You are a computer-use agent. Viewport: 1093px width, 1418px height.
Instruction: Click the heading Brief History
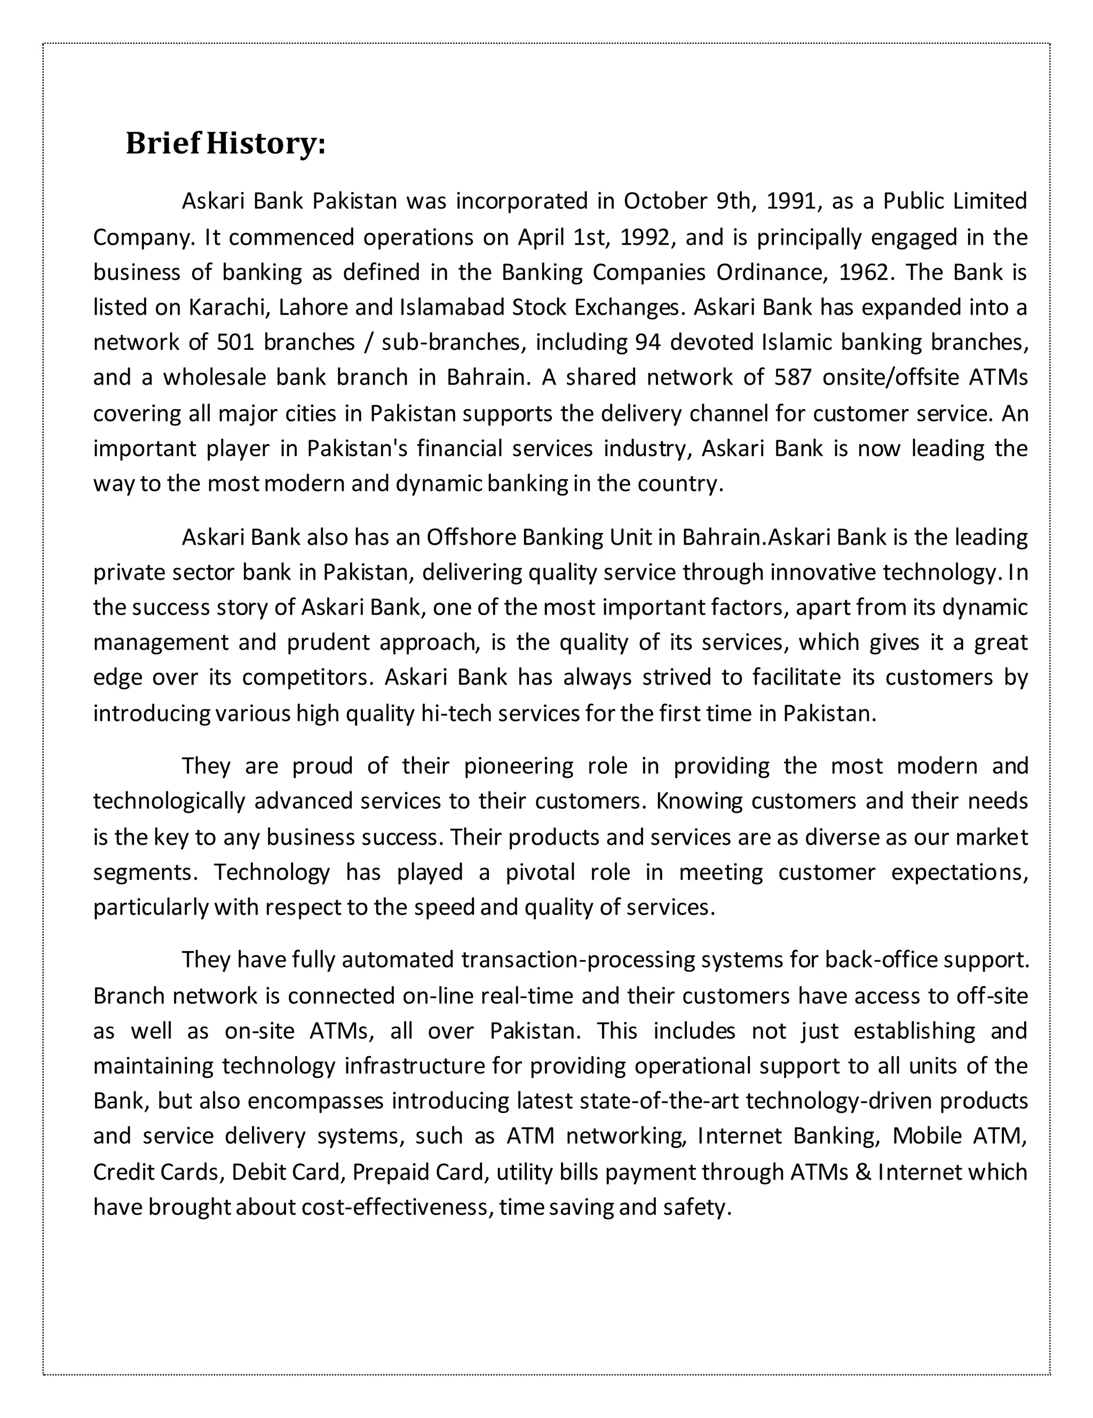(x=225, y=144)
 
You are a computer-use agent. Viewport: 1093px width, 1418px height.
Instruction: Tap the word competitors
(x=308, y=677)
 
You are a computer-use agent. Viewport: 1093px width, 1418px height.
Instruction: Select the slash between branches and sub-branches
(x=368, y=342)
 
